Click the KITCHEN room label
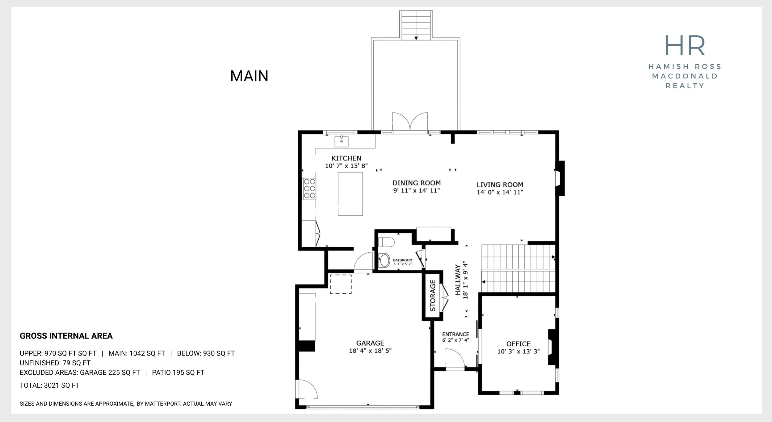tap(346, 158)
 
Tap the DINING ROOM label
tap(417, 183)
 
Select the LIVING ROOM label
tap(500, 185)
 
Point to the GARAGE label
tap(370, 343)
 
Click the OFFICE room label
tap(518, 344)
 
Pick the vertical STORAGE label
tap(433, 296)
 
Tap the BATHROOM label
tap(403, 260)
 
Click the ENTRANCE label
tap(456, 334)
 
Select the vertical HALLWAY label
tap(458, 280)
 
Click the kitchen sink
tap(342, 141)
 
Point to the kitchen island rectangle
tap(350, 194)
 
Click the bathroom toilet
tap(386, 242)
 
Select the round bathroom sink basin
tap(385, 260)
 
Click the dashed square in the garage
tap(341, 284)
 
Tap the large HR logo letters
tap(685, 45)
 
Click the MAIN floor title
tap(249, 76)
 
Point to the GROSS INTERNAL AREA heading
tap(66, 336)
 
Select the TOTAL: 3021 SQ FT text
tap(50, 386)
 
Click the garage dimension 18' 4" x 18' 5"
tap(370, 351)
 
